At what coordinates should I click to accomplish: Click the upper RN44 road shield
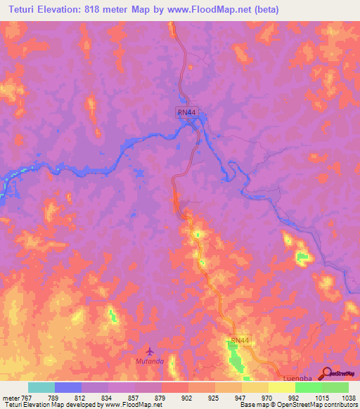pyautogui.click(x=186, y=112)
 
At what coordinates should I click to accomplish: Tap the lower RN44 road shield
pyautogui.click(x=240, y=340)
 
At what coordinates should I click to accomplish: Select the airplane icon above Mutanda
pyautogui.click(x=148, y=349)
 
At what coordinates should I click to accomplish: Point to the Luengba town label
pyautogui.click(x=290, y=377)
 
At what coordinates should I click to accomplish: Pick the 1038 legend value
pyautogui.click(x=339, y=398)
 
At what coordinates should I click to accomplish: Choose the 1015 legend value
pyautogui.click(x=308, y=398)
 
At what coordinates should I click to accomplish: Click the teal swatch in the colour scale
pyautogui.click(x=41, y=387)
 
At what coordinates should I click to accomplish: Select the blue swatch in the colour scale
pyautogui.click(x=68, y=387)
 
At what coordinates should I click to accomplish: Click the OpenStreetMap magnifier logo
pyautogui.click(x=326, y=373)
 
